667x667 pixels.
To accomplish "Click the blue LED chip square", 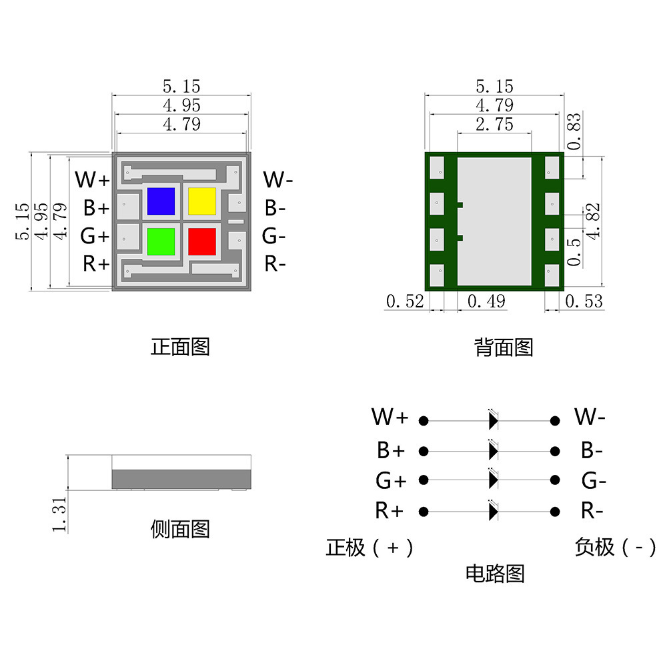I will [x=161, y=201].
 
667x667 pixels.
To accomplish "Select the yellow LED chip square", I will [x=202, y=201].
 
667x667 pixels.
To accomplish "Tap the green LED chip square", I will [x=161, y=241].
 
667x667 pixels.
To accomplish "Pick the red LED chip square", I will [x=202, y=241].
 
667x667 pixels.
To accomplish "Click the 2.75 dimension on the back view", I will [x=494, y=124].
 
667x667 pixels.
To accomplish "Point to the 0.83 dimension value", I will [x=574, y=131].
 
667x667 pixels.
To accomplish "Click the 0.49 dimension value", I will [x=486, y=301].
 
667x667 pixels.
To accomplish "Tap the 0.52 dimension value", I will [x=405, y=301].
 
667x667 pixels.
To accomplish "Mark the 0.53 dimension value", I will [x=584, y=301].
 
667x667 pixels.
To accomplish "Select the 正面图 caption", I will [x=180, y=347].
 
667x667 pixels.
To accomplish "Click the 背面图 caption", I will [x=504, y=347].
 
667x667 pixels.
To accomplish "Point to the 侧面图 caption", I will [x=180, y=530].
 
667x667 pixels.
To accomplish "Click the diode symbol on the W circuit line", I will [x=493, y=421].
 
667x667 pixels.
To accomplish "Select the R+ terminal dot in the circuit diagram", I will [x=423, y=512].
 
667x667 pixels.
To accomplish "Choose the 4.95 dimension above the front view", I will [x=181, y=105].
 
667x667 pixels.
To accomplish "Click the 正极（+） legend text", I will [x=370, y=548].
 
